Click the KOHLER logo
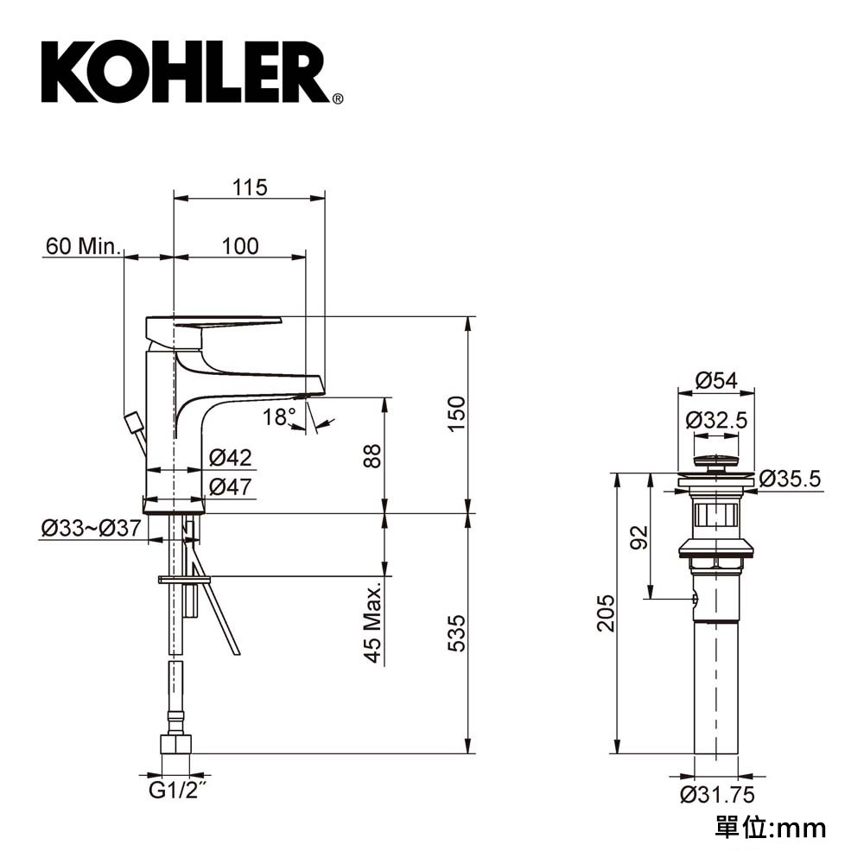[192, 73]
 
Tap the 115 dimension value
[250, 187]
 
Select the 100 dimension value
[240, 246]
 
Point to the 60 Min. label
[83, 246]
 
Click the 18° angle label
[279, 417]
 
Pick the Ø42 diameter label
[231, 457]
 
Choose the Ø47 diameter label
[231, 486]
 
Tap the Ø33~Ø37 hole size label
[92, 529]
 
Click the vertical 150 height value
[457, 414]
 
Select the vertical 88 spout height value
[373, 455]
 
